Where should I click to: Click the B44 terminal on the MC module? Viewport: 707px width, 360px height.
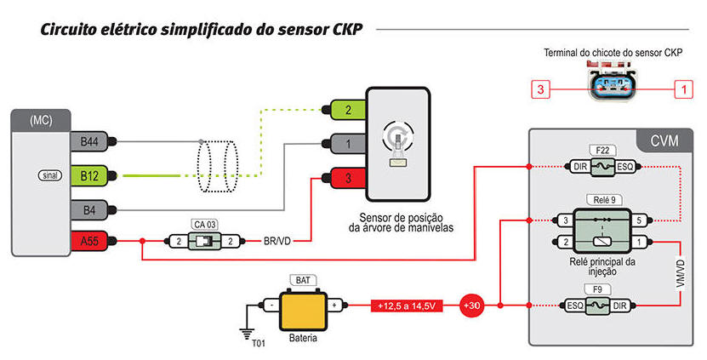coord(89,141)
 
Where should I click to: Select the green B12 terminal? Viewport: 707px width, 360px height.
coord(89,175)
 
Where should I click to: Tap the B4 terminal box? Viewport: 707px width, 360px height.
coord(89,209)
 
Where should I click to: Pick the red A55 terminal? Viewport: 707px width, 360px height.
coord(89,242)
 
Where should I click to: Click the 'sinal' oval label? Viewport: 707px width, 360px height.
coord(50,175)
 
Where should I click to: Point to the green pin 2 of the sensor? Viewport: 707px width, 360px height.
coord(348,110)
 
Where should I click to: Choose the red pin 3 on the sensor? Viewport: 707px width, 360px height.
coord(348,178)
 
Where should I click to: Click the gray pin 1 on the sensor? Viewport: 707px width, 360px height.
coord(348,144)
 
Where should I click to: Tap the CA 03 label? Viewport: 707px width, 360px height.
coord(205,224)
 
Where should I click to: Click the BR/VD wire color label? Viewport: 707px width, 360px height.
coord(277,242)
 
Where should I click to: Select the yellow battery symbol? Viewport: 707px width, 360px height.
coord(303,311)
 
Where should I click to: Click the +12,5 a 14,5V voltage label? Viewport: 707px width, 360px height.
coord(407,306)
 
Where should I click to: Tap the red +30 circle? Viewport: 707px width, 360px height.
coord(471,306)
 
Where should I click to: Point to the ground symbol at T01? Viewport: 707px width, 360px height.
coord(246,334)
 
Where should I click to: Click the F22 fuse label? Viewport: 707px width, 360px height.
coord(602,151)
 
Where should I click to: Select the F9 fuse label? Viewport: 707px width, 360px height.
coord(598,289)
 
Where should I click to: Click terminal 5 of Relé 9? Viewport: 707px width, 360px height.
coord(638,220)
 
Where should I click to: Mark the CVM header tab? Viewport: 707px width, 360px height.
coord(664,140)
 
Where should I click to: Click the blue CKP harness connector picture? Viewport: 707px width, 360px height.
coord(612,84)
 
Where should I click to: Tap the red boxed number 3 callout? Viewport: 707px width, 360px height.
coord(540,89)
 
